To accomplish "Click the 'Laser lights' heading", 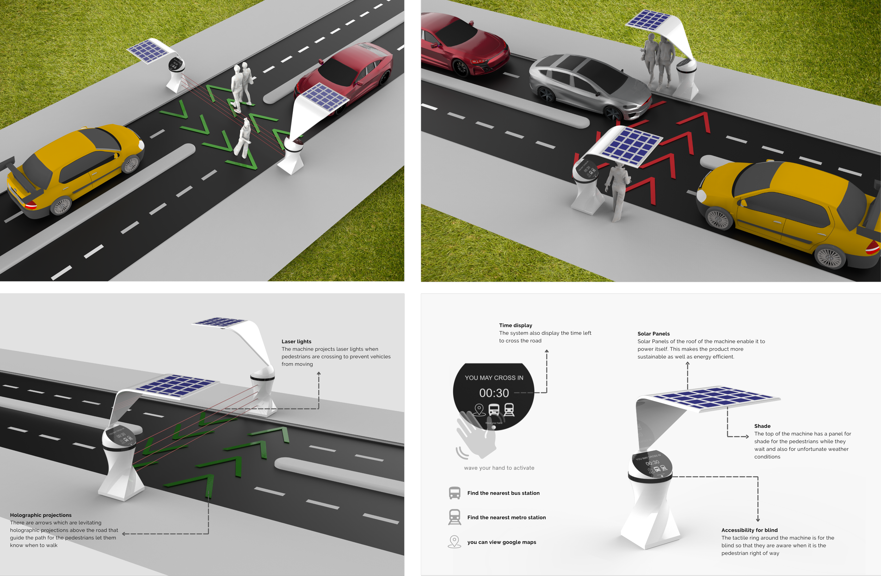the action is click(296, 342).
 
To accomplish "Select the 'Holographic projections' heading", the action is click(41, 515).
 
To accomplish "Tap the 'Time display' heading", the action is click(515, 325).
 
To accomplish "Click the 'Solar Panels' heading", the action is click(653, 334).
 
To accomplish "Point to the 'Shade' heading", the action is click(762, 426).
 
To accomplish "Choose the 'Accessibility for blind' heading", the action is click(749, 530).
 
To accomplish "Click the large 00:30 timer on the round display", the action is click(494, 393).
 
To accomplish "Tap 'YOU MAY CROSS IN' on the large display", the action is click(494, 378).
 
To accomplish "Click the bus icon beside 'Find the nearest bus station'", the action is click(455, 493).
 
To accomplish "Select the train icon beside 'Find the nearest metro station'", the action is click(455, 517).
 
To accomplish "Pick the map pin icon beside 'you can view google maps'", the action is click(455, 541).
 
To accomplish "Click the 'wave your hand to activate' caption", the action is click(499, 468).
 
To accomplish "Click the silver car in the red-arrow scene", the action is click(589, 85).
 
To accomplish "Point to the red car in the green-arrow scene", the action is click(346, 74).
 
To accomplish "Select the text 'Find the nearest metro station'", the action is click(506, 518).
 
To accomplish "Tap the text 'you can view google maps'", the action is click(501, 542).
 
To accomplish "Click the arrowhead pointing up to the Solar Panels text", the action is click(688, 364).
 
